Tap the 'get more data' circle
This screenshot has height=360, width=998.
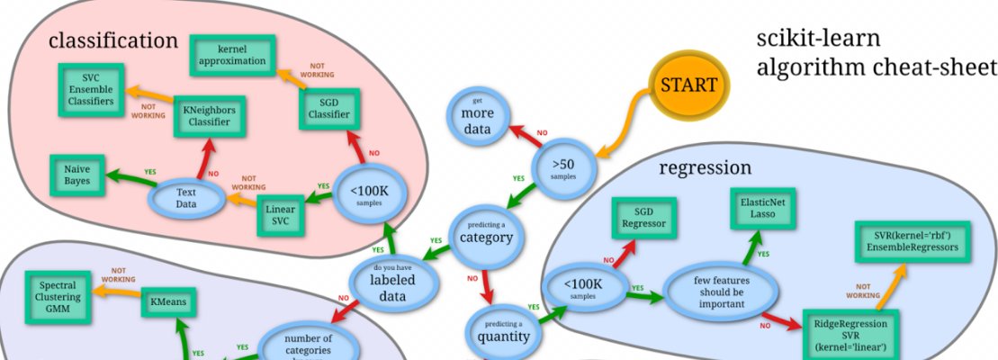(x=479, y=120)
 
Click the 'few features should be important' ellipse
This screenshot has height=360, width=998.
(x=720, y=291)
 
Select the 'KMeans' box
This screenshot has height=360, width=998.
(x=169, y=302)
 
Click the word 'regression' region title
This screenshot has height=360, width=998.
(x=705, y=168)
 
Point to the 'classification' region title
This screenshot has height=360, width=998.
(x=113, y=40)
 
